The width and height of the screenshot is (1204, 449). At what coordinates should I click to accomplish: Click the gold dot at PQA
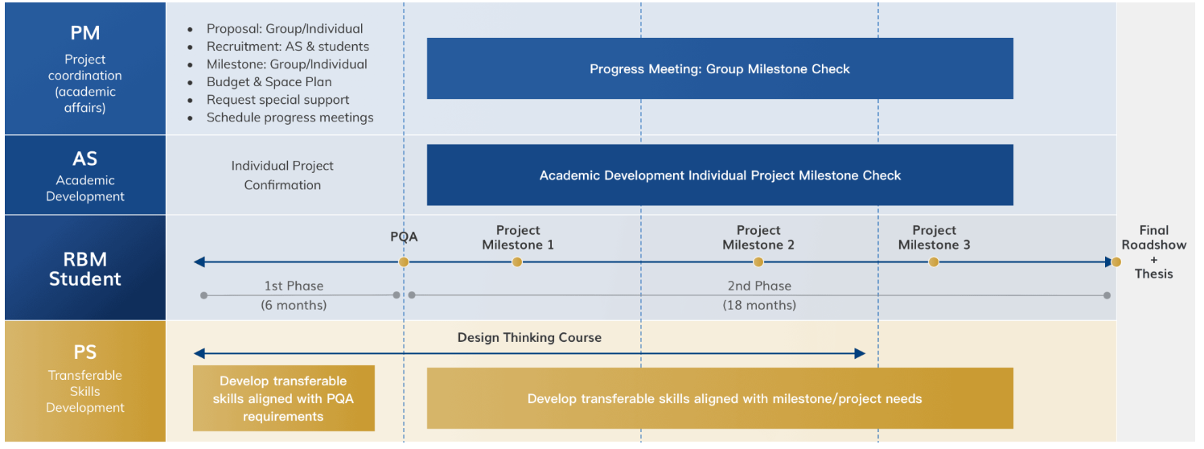(x=404, y=262)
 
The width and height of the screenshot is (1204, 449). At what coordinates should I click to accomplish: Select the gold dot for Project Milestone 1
(x=517, y=262)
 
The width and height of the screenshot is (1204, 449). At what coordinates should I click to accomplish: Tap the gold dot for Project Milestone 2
(x=758, y=262)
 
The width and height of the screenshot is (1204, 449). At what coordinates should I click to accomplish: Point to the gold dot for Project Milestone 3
(x=934, y=262)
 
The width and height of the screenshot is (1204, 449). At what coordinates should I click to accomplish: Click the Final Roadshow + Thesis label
(x=1153, y=252)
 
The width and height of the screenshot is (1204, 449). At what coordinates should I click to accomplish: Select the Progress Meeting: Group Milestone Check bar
(x=720, y=68)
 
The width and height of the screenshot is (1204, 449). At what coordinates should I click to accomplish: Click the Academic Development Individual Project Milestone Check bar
(x=720, y=175)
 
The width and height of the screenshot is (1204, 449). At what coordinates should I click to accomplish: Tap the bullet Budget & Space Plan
(x=269, y=82)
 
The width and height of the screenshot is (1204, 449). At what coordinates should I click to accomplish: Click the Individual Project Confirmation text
(x=282, y=175)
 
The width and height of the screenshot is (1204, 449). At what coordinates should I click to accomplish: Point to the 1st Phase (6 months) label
(x=294, y=295)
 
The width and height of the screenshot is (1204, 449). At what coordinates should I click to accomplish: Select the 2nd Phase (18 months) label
(x=759, y=295)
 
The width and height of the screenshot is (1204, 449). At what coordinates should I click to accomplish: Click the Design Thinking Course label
(x=529, y=337)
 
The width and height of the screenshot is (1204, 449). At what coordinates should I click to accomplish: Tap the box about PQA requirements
(x=284, y=398)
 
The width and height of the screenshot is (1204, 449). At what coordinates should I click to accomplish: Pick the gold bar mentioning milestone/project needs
(x=720, y=398)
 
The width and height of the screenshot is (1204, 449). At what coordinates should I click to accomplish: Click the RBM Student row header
(x=85, y=269)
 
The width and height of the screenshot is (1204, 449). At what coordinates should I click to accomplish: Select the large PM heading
(x=85, y=33)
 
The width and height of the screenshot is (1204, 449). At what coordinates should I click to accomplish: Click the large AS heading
(x=85, y=159)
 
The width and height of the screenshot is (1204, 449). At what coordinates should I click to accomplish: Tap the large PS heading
(x=85, y=352)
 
